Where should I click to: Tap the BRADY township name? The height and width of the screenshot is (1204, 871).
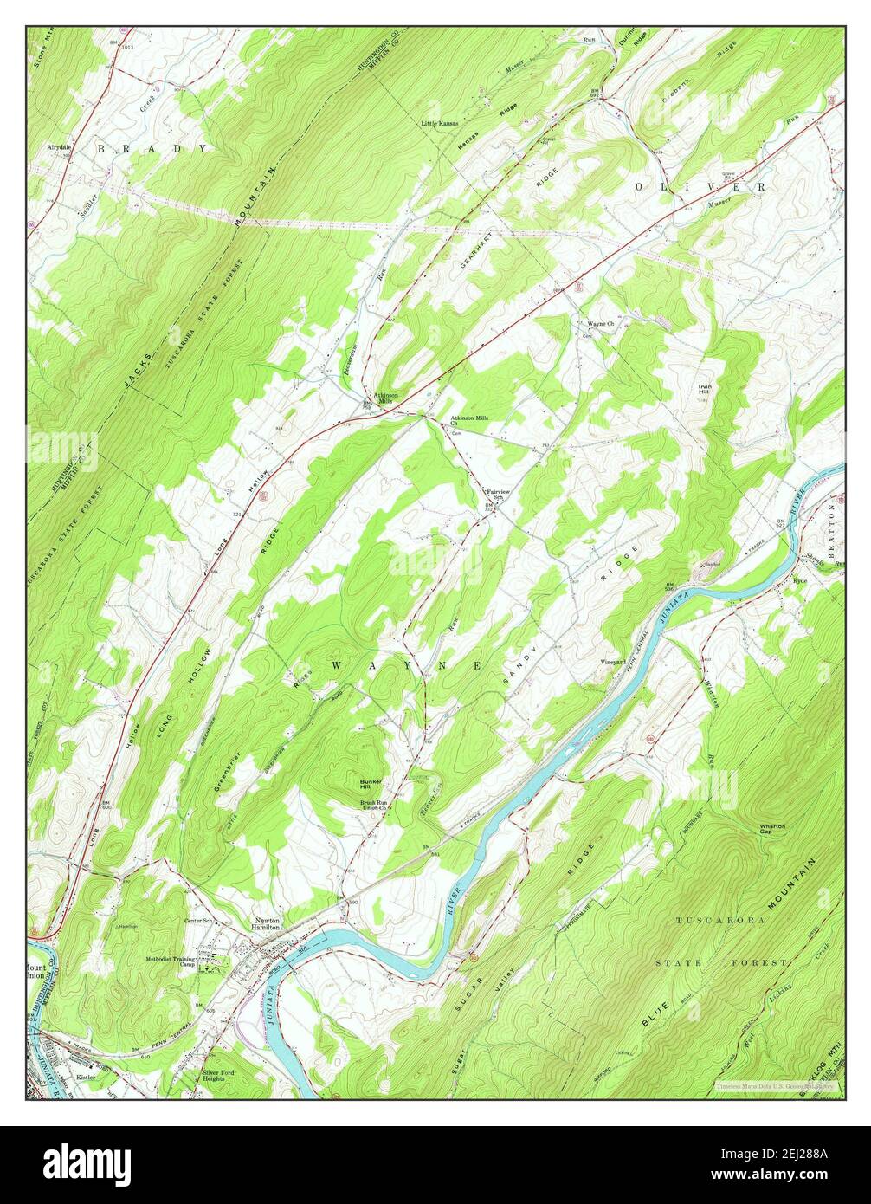coord(152,149)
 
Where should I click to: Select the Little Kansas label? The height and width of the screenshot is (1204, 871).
coord(440,124)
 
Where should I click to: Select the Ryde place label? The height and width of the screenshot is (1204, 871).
coord(799,582)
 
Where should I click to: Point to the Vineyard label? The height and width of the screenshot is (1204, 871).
coord(613,663)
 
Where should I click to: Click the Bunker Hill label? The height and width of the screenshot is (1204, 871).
coord(371,785)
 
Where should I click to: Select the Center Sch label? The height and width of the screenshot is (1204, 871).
coord(197,921)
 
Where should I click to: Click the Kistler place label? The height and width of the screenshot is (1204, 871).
coord(86,1077)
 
